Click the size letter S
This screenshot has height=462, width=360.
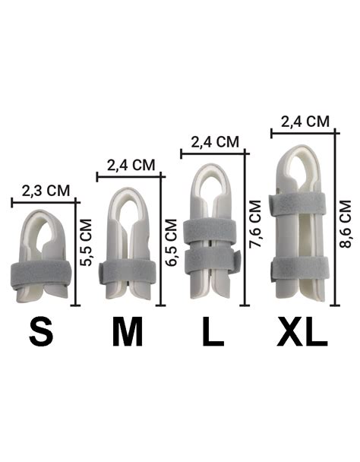click(41, 332)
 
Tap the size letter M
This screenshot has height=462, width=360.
click(128, 332)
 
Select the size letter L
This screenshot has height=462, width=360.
click(213, 332)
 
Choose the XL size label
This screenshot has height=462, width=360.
click(302, 332)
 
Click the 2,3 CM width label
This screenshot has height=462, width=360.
click(46, 191)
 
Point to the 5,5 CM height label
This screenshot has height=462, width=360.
click(87, 242)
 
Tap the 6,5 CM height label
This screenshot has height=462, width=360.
click(171, 242)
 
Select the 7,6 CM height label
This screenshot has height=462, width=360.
click(255, 224)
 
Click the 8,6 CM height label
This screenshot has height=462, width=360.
click(346, 224)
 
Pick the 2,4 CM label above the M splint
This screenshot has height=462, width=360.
click(131, 166)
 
